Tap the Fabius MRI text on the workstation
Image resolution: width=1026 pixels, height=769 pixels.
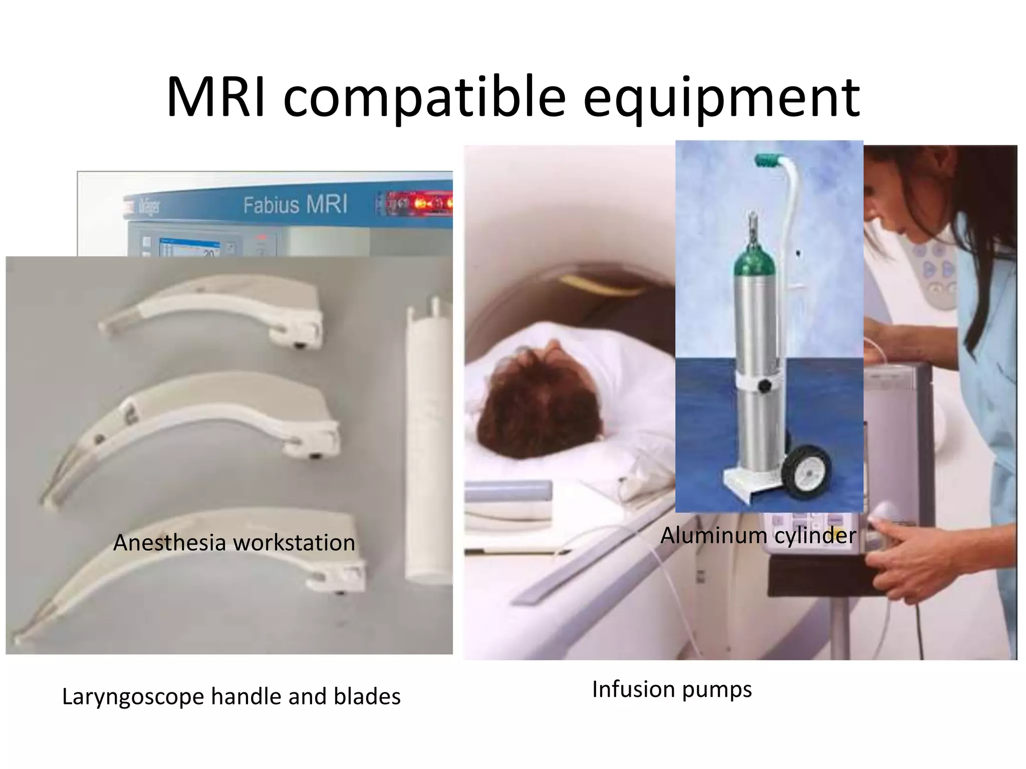pos(295,205)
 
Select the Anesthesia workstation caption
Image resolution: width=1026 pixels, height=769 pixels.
pos(234,543)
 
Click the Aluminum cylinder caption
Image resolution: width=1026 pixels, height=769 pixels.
pos(758,535)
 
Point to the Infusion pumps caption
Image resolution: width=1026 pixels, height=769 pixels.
pos(671,689)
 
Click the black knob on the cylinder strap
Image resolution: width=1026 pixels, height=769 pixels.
pos(764,386)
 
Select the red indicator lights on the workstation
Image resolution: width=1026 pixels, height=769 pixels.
pos(426,204)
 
